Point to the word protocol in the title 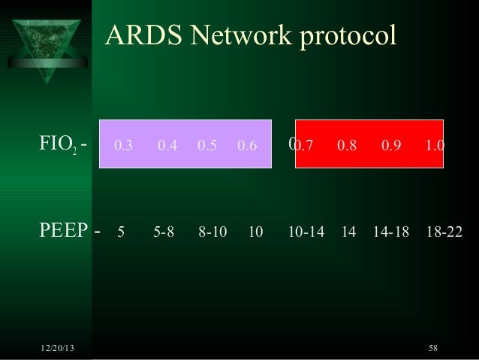tap(346, 37)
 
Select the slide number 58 tap(433, 347)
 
